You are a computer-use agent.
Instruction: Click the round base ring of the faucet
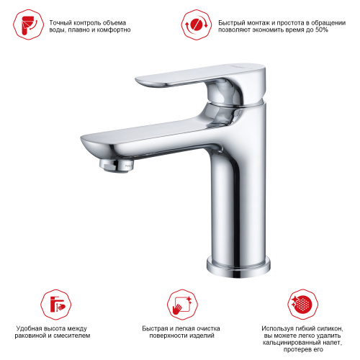pyautogui.click(x=238, y=267)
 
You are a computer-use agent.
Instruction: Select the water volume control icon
pyautogui.click(x=29, y=24)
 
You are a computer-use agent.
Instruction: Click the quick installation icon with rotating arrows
pyautogui.click(x=197, y=24)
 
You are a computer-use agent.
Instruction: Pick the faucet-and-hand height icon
pyautogui.click(x=56, y=305)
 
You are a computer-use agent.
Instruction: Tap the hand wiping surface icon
pyautogui.click(x=183, y=305)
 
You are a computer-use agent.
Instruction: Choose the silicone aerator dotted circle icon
pyautogui.click(x=303, y=305)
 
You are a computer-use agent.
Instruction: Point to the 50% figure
pyautogui.click(x=322, y=30)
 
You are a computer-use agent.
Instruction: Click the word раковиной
pyautogui.click(x=31, y=336)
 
